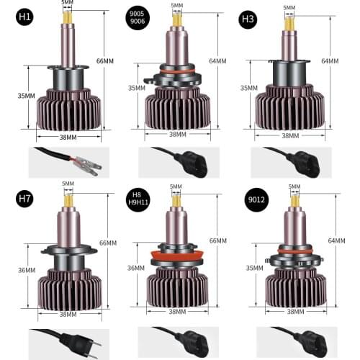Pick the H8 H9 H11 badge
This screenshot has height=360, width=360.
[136, 199]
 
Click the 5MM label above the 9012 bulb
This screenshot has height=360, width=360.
[294, 187]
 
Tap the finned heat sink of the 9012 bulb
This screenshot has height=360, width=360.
[292, 287]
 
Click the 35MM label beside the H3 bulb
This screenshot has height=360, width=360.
[248, 89]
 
